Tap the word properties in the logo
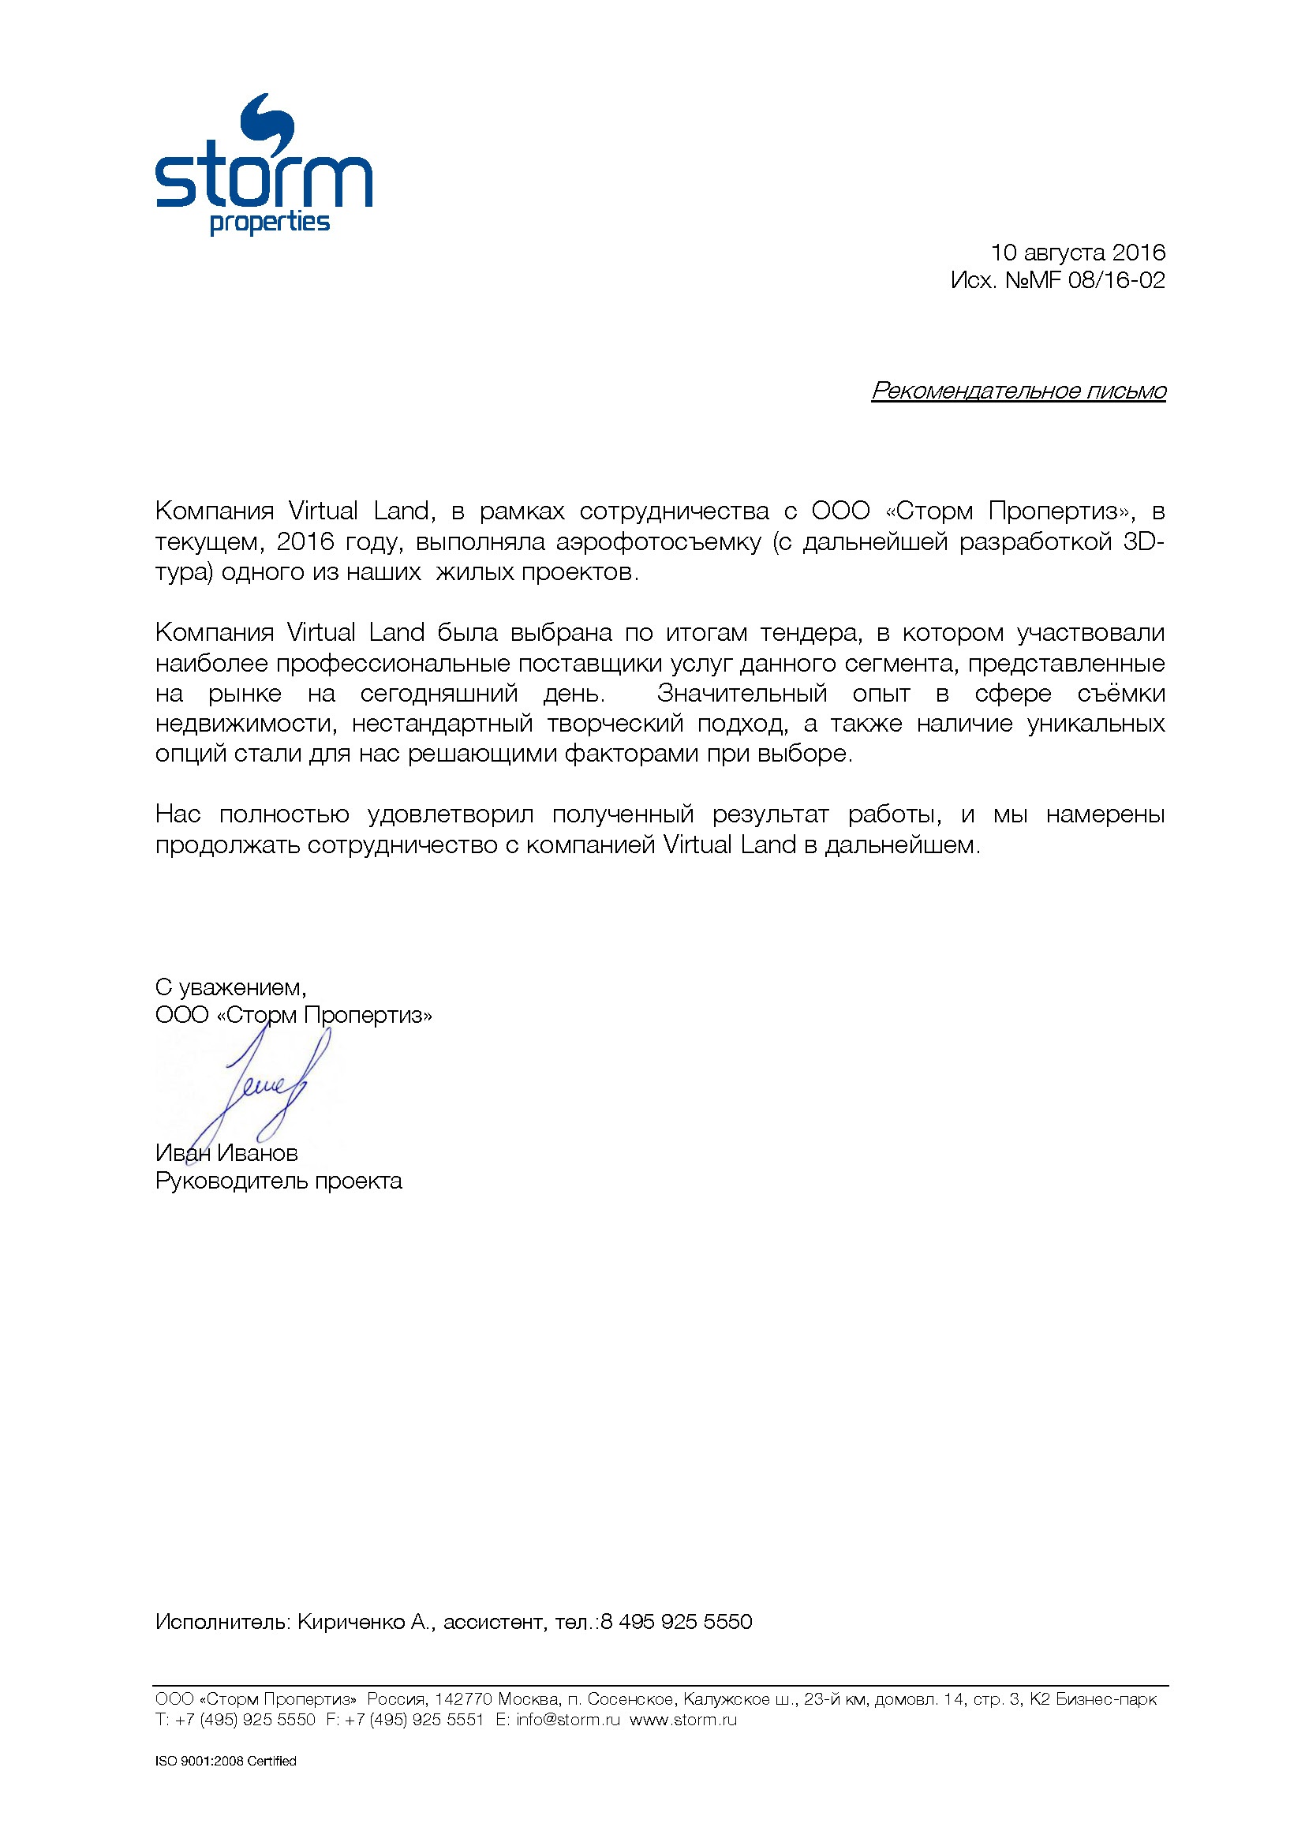[270, 223]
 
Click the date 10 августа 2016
[1078, 253]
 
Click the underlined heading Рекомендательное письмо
[1018, 391]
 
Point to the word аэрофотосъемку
[658, 542]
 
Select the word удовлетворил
[450, 814]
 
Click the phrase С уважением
[230, 987]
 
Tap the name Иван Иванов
[226, 1153]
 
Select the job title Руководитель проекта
[278, 1181]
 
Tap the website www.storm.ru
[683, 1720]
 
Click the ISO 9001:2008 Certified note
[226, 1761]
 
